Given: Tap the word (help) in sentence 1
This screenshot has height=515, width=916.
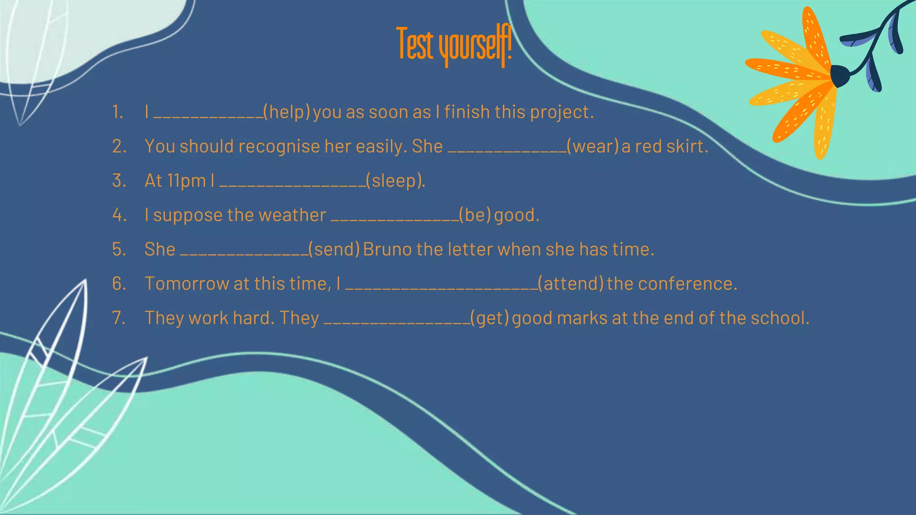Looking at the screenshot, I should click(287, 112).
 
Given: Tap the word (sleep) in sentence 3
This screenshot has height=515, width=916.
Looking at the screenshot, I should click(394, 181).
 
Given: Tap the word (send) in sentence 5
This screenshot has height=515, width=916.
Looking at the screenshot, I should click(334, 249).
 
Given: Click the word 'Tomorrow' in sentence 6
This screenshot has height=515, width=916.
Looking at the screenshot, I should click(187, 284).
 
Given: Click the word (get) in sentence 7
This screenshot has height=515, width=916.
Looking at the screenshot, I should click(490, 318).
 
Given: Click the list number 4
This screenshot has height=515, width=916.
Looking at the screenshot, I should click(119, 215).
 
